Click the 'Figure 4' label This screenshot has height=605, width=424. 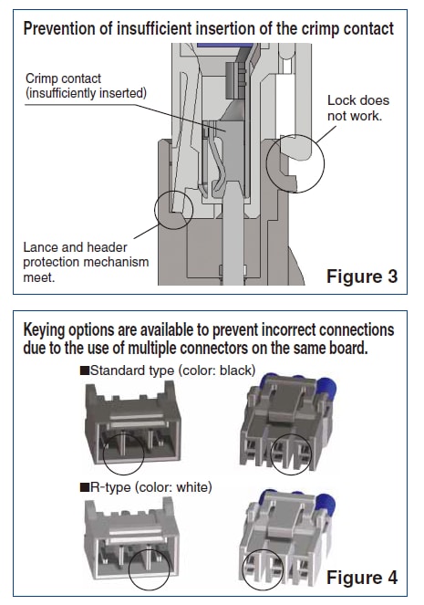361,578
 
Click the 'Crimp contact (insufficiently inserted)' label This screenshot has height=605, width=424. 84,86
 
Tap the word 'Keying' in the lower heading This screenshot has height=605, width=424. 47,329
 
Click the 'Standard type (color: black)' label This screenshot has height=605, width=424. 169,370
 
